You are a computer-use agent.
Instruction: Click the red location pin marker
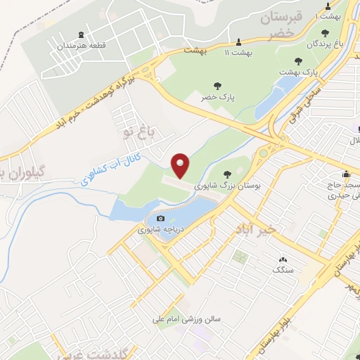[181, 165]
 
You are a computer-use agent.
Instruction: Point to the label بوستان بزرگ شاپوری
[227, 186]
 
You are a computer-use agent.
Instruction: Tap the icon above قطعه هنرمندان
[82, 35]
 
